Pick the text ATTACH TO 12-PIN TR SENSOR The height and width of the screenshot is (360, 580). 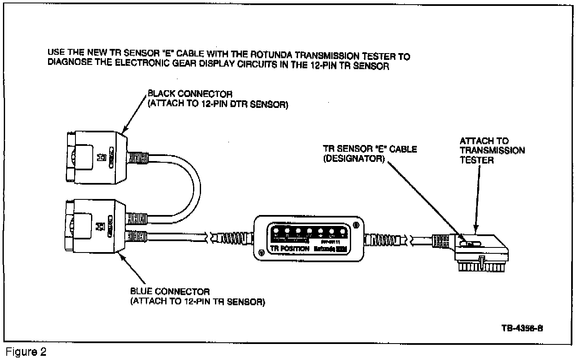click(198, 302)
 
